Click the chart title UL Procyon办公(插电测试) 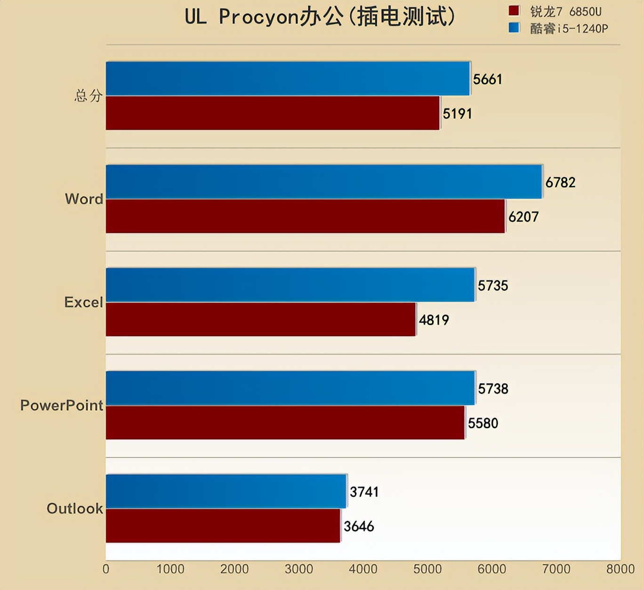click(320, 17)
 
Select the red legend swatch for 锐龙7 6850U click(514, 11)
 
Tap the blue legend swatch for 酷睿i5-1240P click(514, 28)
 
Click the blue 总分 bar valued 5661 click(288, 79)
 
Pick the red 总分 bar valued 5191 click(273, 113)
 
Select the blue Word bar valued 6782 click(324, 182)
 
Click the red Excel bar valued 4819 click(261, 319)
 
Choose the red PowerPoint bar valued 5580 click(285, 423)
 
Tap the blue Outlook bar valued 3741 click(226, 491)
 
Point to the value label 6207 click(523, 217)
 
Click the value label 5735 click(493, 286)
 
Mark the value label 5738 click(493, 389)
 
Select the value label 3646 click(359, 526)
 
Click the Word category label click(84, 199)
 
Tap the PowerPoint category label click(61, 405)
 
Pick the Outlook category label click(74, 509)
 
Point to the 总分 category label click(88, 96)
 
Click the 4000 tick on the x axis click(363, 569)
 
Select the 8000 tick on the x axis click(620, 569)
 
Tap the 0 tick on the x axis click(106, 569)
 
